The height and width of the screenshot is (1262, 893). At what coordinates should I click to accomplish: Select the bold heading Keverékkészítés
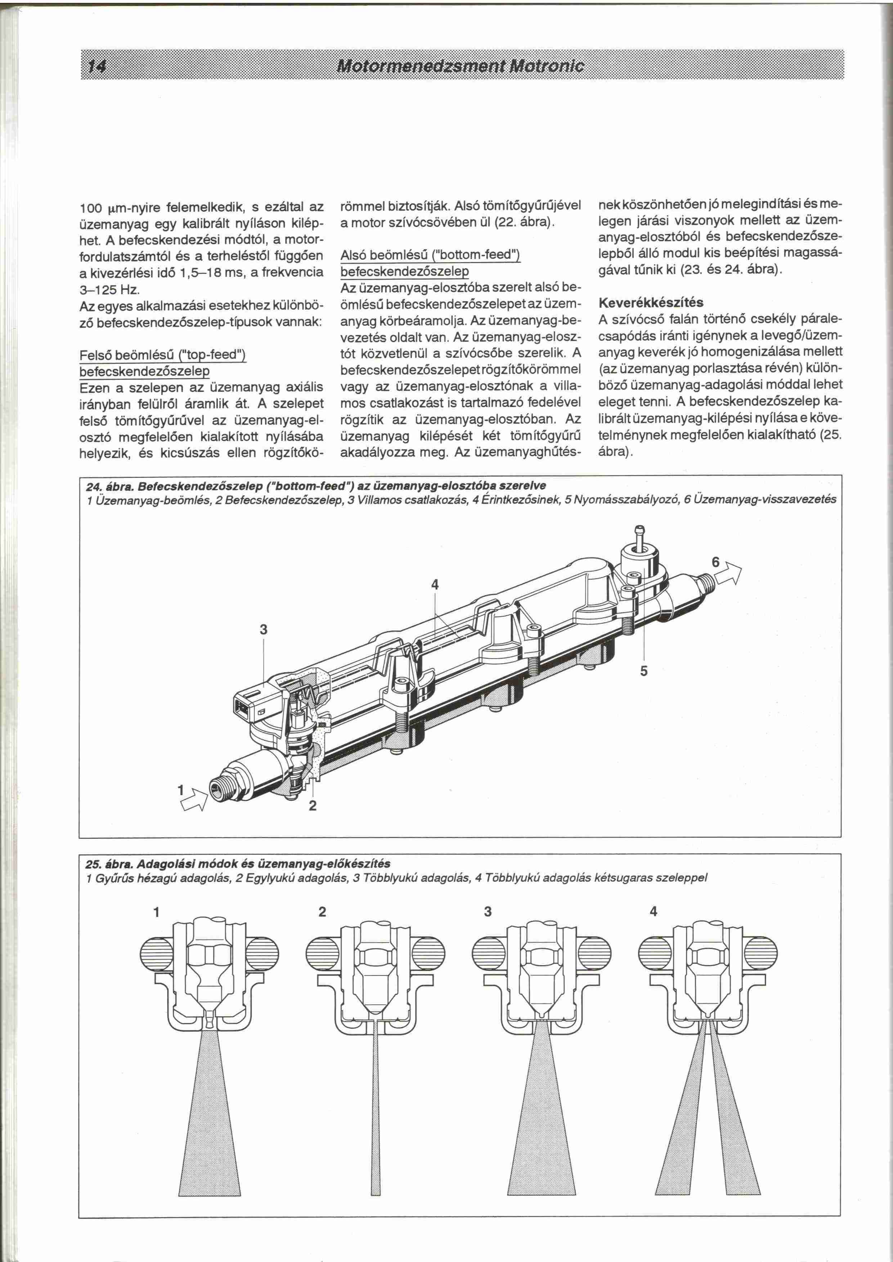651,302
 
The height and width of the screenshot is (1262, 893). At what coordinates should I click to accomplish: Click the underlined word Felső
95,355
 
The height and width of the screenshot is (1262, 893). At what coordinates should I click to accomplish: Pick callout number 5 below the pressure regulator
644,671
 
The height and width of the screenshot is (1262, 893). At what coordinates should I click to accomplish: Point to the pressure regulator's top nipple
641,533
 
